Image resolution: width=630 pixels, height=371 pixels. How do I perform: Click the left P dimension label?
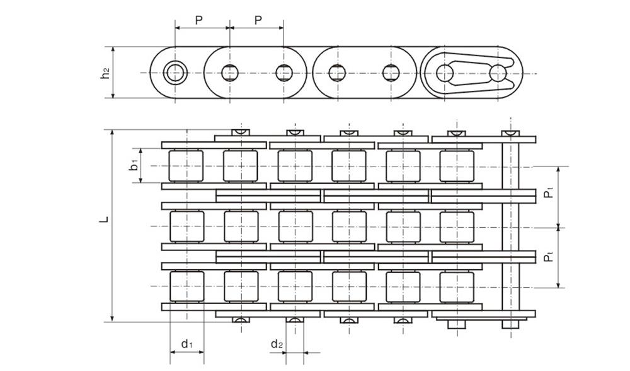[198, 20]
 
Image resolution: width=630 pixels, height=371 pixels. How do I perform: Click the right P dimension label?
[258, 20]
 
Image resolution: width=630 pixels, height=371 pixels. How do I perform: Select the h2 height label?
[105, 73]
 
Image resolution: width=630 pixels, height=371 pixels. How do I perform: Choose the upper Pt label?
[549, 196]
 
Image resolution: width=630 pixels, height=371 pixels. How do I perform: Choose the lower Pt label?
[549, 256]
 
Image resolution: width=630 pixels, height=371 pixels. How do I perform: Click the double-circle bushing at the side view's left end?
[176, 73]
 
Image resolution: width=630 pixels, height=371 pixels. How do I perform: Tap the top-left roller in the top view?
[186, 166]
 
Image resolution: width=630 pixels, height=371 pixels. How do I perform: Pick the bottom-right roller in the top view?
[456, 287]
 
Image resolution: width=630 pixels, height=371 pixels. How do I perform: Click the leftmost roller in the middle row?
[186, 227]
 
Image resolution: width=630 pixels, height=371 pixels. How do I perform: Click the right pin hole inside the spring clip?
[498, 73]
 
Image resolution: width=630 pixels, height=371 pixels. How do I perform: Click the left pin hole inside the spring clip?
[445, 73]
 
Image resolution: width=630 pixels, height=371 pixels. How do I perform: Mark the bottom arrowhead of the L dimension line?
[113, 318]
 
